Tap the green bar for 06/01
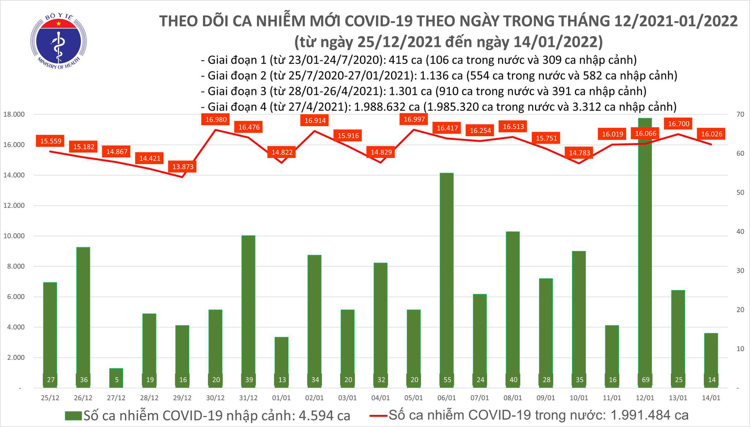(x=447, y=277)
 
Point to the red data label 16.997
(x=414, y=119)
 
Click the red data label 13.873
(x=183, y=167)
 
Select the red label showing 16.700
(x=678, y=124)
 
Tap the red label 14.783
(x=579, y=153)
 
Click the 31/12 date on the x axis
(x=248, y=398)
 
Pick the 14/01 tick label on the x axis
(x=711, y=398)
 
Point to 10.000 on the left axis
(x=14, y=236)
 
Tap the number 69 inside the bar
(x=645, y=380)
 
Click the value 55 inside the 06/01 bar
(x=447, y=380)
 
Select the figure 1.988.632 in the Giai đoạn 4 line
(x=387, y=107)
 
